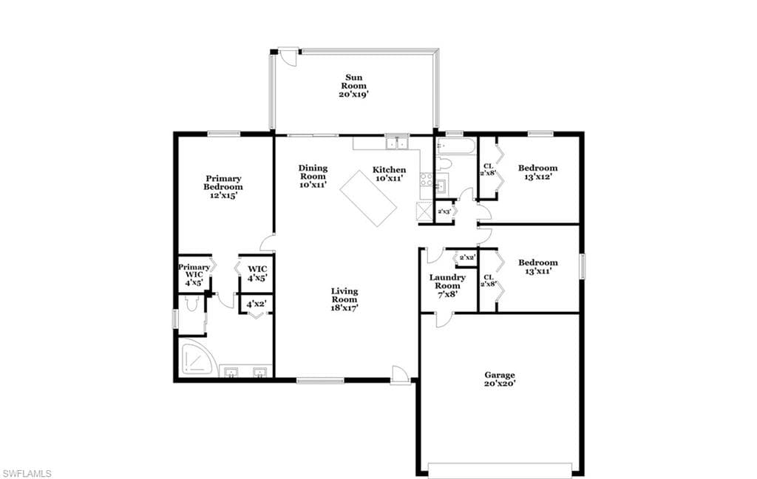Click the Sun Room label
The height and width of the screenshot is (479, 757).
tap(354, 86)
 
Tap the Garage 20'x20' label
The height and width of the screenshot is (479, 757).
tap(500, 379)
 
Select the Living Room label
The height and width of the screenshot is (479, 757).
tap(344, 299)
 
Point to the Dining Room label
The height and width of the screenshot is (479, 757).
tap(313, 176)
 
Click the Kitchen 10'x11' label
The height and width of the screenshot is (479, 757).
tap(389, 174)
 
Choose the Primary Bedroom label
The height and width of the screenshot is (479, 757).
tap(223, 187)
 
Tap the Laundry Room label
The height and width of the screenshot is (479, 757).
tap(447, 285)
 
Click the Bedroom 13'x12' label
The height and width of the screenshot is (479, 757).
tap(538, 172)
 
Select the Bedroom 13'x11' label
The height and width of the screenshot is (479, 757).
tap(538, 267)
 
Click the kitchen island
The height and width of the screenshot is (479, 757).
tap(368, 197)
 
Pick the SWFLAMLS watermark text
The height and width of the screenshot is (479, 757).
tap(27, 473)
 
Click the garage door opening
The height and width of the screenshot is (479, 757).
tap(500, 471)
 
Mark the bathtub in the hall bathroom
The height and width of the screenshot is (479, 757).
tap(456, 146)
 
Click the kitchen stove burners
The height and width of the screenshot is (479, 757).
tap(427, 180)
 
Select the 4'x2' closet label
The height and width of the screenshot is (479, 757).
tap(257, 305)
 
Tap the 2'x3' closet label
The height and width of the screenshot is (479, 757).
tap(444, 211)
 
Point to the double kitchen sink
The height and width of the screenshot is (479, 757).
tap(397, 143)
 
